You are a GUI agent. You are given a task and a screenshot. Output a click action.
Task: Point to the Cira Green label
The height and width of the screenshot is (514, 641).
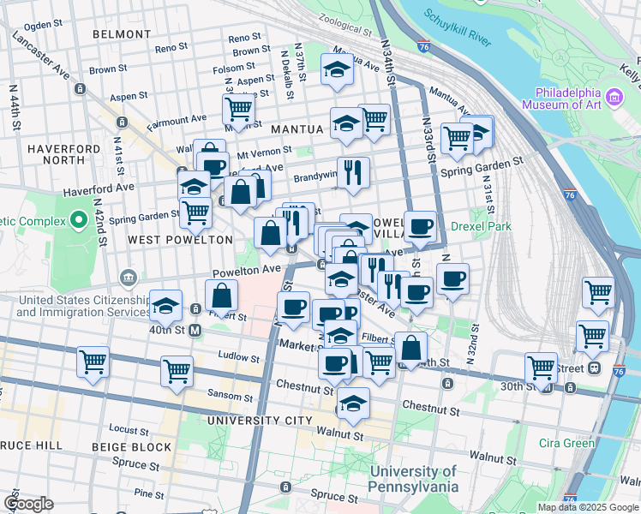click(x=566, y=443)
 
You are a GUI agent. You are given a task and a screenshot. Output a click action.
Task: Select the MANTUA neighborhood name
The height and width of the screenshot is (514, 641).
click(x=297, y=129)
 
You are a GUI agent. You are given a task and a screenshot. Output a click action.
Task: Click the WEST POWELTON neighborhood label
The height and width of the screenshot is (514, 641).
click(x=180, y=240)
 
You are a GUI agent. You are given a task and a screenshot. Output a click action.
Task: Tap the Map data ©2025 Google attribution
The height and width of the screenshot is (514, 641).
click(x=588, y=507)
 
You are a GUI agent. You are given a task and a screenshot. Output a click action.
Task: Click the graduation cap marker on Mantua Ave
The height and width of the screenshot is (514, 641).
click(x=337, y=69)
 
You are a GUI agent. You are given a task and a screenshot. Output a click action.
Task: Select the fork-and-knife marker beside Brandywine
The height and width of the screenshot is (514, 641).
click(x=353, y=172)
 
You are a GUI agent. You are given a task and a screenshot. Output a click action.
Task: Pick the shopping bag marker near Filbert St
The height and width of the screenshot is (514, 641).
click(x=221, y=295)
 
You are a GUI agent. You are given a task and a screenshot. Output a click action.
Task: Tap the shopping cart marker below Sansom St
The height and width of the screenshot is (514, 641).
click(x=177, y=372)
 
